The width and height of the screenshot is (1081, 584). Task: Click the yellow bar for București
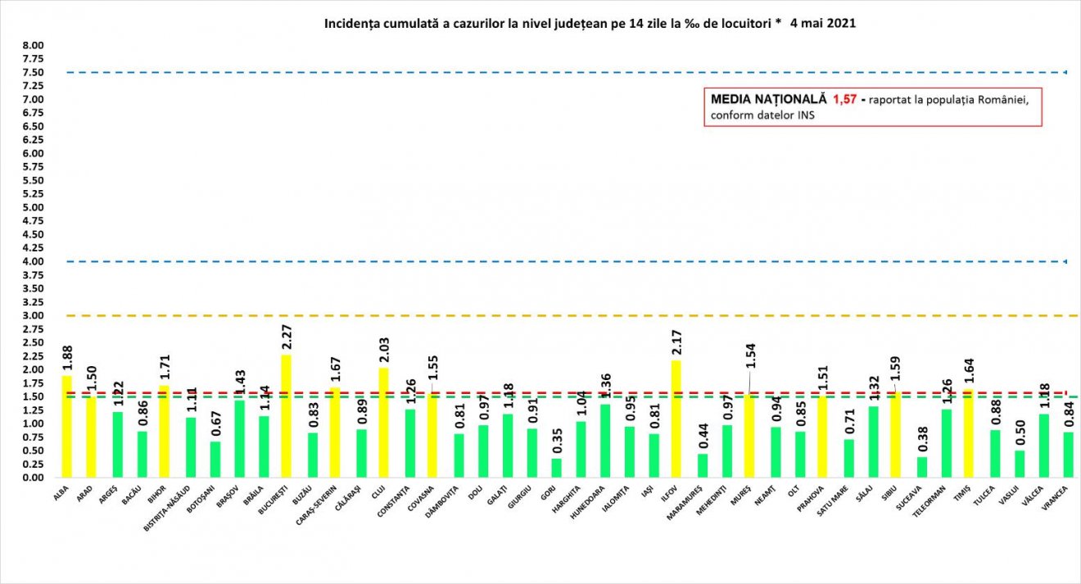tap(286, 416)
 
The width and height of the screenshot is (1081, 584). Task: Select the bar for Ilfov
tap(676, 419)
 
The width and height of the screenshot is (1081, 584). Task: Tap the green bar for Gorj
tap(555, 468)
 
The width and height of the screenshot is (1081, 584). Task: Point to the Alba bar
tap(66, 427)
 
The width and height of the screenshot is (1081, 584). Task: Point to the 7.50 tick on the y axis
tap(33, 73)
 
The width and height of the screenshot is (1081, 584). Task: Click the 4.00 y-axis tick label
tap(33, 262)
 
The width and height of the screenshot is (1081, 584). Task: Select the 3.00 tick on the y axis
tap(33, 316)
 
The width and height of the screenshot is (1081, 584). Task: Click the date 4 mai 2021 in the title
tap(823, 24)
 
